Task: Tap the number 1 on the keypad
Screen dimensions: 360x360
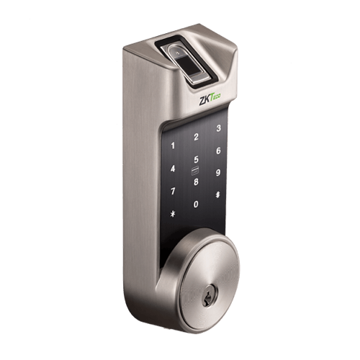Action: point(173,145)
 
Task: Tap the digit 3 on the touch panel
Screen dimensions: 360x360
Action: point(218,128)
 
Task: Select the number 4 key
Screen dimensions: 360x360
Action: point(173,168)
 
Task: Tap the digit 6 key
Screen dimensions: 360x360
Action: point(218,151)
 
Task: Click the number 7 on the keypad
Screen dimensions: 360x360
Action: point(173,192)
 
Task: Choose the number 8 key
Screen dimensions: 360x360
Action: point(196,181)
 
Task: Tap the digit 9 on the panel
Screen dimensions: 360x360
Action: point(218,173)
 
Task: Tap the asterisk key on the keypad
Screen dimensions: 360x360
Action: point(173,214)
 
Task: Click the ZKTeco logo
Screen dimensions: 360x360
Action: point(209,100)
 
